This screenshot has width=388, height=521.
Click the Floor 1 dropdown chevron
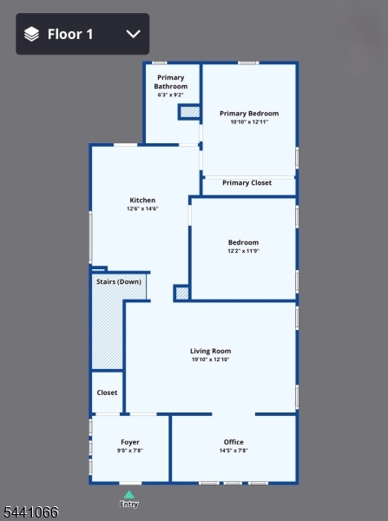click(133, 34)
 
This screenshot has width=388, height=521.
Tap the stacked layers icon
click(31, 34)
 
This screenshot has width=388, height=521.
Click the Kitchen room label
click(142, 200)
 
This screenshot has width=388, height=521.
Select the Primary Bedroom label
click(249, 113)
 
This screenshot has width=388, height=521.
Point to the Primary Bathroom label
click(171, 82)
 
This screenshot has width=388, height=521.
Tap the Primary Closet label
click(247, 182)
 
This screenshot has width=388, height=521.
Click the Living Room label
click(211, 351)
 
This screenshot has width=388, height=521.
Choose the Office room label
click(233, 442)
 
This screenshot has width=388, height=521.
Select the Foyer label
click(130, 442)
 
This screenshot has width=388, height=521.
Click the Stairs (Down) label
click(119, 281)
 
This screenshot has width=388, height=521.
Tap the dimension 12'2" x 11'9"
click(244, 251)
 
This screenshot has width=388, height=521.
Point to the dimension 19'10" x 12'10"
click(211, 359)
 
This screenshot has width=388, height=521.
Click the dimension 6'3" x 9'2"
click(171, 95)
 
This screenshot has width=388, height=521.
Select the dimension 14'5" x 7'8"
click(233, 451)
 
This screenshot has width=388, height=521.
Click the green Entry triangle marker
click(128, 495)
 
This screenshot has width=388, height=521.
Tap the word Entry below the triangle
click(128, 504)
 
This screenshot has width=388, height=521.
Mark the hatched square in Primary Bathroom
click(190, 112)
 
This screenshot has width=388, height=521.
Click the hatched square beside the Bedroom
click(182, 293)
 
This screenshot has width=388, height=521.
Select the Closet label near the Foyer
click(107, 392)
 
